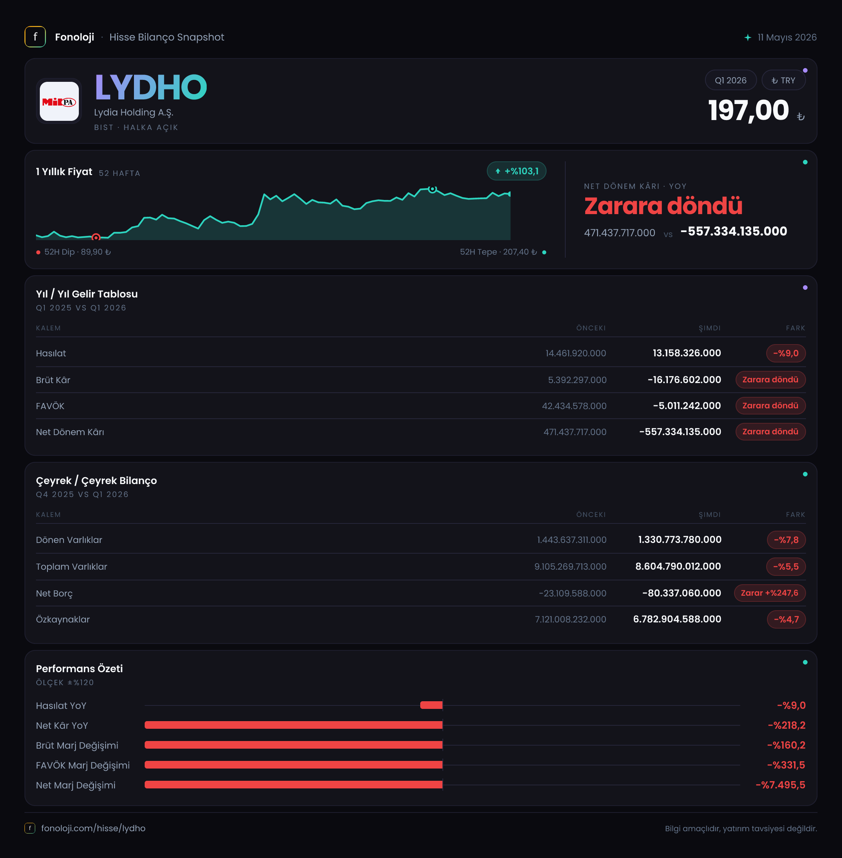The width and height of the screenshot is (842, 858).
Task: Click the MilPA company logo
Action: [59, 102]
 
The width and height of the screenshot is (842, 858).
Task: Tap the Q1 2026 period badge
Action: [731, 80]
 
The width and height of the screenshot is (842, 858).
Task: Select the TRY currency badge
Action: [783, 80]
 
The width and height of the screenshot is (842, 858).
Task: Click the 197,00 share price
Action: [748, 110]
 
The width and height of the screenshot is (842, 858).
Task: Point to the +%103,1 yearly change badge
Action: [517, 171]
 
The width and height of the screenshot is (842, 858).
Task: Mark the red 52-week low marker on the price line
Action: [96, 238]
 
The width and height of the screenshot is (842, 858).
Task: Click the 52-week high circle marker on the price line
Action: [432, 189]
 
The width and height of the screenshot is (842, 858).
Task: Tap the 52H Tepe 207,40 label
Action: [498, 252]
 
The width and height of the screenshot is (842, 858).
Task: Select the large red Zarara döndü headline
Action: [663, 206]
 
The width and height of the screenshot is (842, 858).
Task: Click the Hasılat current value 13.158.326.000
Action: [687, 353]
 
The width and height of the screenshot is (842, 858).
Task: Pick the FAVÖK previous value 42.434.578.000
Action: [574, 406]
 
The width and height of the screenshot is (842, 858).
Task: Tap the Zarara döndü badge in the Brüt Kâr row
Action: [770, 380]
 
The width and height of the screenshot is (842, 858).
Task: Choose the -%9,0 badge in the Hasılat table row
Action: [786, 353]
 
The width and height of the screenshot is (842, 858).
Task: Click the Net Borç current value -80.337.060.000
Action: [682, 593]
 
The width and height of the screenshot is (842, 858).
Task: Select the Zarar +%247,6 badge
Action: [770, 593]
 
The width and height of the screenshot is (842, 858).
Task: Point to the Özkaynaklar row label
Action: [63, 619]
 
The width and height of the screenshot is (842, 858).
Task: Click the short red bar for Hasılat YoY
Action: [431, 705]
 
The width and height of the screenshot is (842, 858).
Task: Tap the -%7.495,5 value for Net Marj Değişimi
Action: [780, 785]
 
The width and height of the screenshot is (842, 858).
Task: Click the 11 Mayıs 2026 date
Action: [787, 37]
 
